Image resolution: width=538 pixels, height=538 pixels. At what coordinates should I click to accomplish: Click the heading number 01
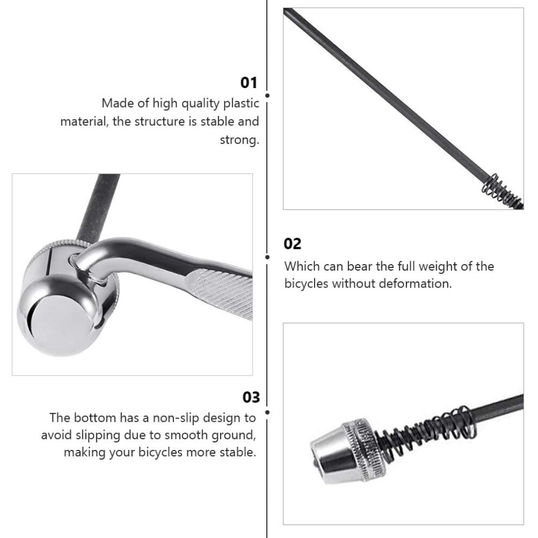coord(249,83)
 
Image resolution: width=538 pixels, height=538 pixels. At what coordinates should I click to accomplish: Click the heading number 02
coord(292,244)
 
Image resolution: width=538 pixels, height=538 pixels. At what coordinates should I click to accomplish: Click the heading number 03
coord(251,397)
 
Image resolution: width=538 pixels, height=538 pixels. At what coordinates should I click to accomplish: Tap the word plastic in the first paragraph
coord(241,104)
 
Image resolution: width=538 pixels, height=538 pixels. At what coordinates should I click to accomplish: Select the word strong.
coord(240,140)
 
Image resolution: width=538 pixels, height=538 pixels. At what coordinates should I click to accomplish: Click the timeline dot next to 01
coord(267,96)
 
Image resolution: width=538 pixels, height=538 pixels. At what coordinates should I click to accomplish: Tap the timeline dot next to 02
coord(267,257)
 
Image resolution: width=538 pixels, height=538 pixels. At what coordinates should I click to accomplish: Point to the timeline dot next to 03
coord(267,412)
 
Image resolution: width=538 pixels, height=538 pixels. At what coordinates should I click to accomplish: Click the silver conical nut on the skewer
coord(347,451)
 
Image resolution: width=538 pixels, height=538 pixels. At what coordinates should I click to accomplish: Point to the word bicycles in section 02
coord(306,284)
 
